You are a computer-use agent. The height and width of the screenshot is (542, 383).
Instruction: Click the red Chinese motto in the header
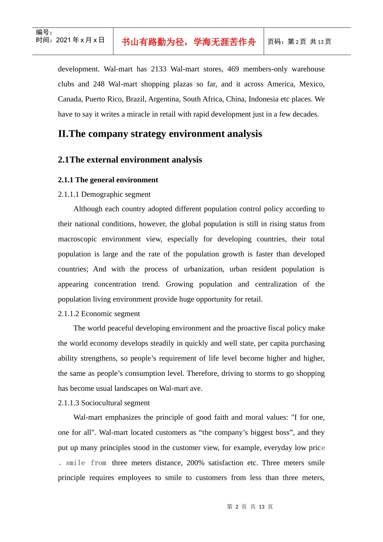[x=188, y=42]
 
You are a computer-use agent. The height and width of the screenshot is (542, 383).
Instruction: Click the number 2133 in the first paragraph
[x=158, y=69]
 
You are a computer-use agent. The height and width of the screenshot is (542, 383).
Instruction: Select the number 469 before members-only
[x=233, y=69]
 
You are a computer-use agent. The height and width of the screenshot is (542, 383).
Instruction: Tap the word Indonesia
[x=263, y=99]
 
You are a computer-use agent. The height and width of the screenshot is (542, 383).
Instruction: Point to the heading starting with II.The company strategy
[x=160, y=134]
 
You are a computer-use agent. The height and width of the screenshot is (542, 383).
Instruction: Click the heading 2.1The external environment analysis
[x=130, y=160]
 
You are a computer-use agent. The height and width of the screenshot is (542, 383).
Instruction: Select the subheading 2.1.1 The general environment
[x=108, y=180]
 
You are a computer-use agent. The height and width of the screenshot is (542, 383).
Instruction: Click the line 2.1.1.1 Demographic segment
[x=104, y=194]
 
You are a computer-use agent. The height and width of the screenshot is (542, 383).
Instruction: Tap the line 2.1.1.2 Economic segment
[x=99, y=314]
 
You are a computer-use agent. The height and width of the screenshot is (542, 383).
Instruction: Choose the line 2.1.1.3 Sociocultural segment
[x=104, y=403]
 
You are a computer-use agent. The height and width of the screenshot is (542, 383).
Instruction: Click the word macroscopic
[x=77, y=239]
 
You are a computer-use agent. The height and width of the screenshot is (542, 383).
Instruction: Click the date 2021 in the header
[x=63, y=40]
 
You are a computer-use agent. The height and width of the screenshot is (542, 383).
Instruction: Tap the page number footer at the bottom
[x=250, y=507]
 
